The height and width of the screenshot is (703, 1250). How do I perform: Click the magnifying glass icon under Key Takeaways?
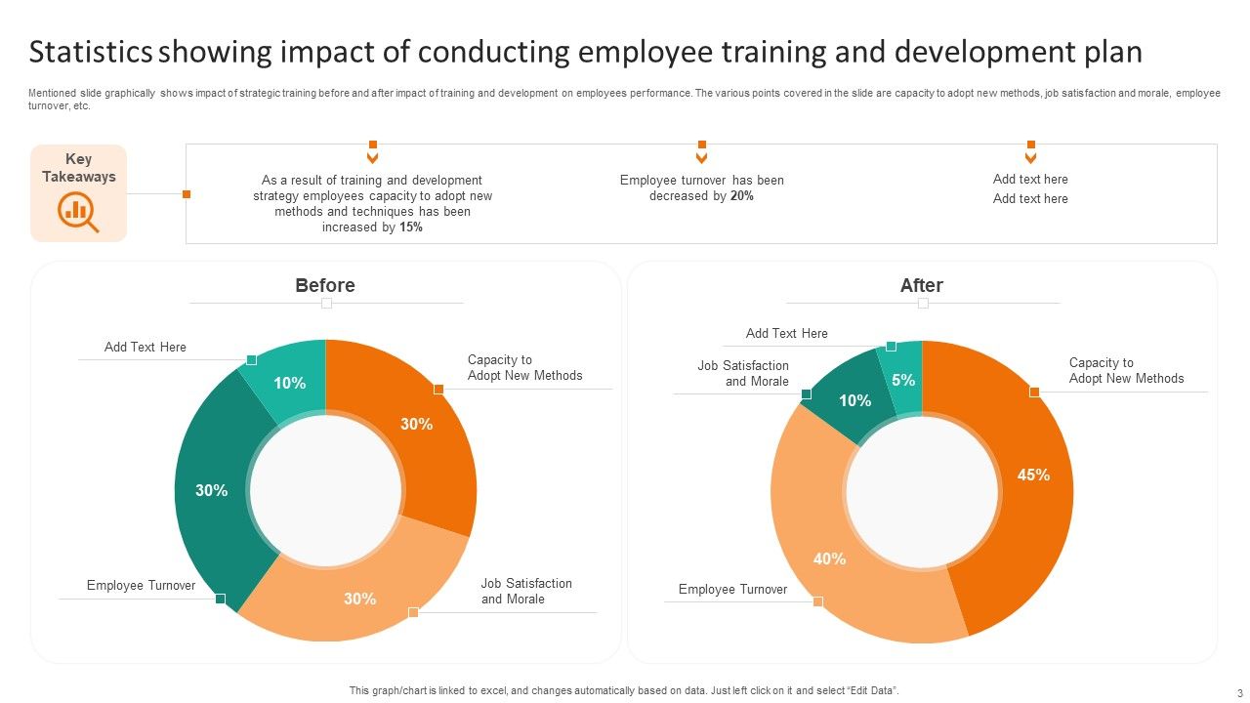tap(78, 211)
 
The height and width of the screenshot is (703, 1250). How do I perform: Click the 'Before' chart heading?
tap(325, 285)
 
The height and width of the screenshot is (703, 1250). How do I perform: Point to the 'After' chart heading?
tap(921, 285)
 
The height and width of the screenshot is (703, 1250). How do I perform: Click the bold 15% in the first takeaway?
tap(411, 227)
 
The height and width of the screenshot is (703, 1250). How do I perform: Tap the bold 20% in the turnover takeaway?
tap(741, 196)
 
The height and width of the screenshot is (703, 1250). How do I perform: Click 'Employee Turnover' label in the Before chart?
tap(141, 586)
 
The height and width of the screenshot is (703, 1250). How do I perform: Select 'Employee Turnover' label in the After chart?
tap(732, 590)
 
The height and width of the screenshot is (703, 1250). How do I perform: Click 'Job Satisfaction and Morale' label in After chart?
tap(743, 374)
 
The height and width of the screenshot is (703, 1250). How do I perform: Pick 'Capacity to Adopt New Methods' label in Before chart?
tap(524, 368)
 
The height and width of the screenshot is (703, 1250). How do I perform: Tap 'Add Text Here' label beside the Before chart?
tap(145, 348)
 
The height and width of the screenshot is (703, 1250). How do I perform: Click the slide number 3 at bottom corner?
tap(1239, 692)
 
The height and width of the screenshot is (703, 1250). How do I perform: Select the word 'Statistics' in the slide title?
tap(91, 52)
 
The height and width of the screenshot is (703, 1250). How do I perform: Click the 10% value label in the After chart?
tap(854, 401)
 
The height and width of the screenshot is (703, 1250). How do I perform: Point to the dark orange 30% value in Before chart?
tap(416, 424)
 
